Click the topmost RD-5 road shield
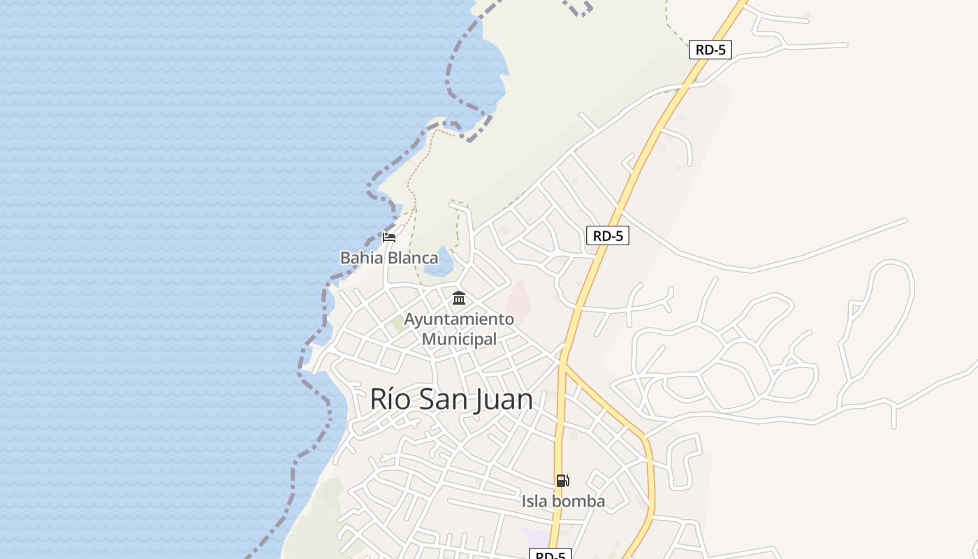pyautogui.click(x=710, y=50)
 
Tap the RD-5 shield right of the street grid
pyautogui.click(x=607, y=236)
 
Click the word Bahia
pyautogui.click(x=361, y=258)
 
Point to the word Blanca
pyautogui.click(x=413, y=258)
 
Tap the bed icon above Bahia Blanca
pyautogui.click(x=389, y=238)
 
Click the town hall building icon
pyautogui.click(x=459, y=298)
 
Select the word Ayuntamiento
pyautogui.click(x=459, y=319)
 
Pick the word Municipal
pyautogui.click(x=459, y=340)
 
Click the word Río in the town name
pyautogui.click(x=386, y=399)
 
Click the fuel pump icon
pyautogui.click(x=562, y=480)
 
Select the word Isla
pyautogui.click(x=534, y=501)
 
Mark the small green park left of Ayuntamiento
pyautogui.click(x=399, y=323)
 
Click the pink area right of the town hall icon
pyautogui.click(x=518, y=302)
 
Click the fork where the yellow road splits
pyautogui.click(x=563, y=363)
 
